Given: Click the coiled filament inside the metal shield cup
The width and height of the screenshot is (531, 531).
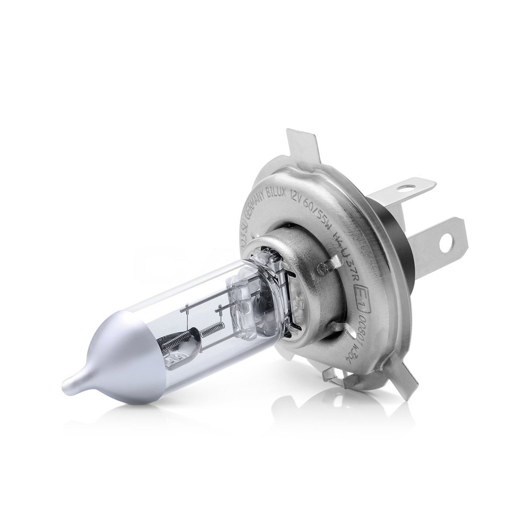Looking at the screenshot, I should coord(178,345).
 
